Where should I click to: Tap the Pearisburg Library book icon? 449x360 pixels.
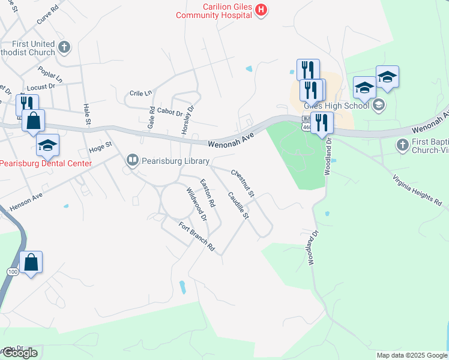131,161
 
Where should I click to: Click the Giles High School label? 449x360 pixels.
336,106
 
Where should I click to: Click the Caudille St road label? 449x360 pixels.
238,205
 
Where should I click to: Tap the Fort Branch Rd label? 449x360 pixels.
196,236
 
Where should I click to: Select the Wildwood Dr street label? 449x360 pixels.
196,204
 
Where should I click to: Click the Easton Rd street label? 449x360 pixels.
208,194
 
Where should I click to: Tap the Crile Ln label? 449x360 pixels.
141,94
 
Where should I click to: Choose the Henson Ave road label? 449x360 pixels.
26,200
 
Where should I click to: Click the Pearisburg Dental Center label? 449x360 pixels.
47,163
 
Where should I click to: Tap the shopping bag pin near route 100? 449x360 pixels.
31,263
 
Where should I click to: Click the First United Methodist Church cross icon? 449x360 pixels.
65,46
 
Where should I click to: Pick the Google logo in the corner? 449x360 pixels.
19,353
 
